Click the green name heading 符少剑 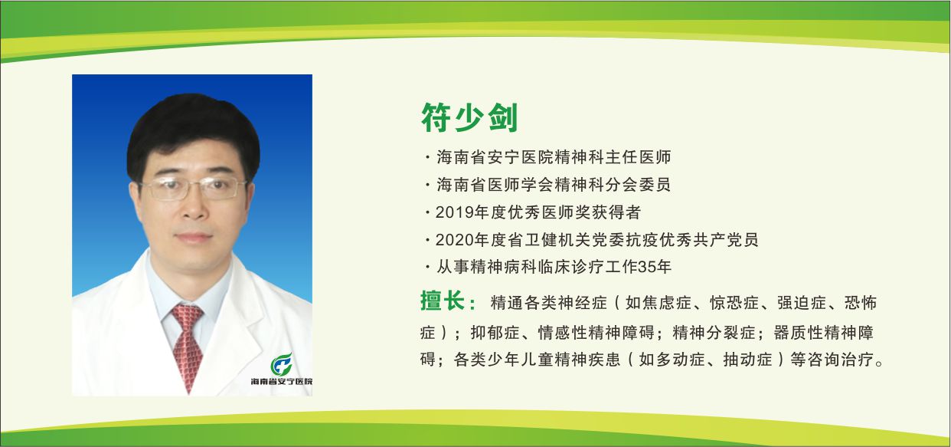coord(469,118)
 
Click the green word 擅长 coord(444,301)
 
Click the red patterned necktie coord(187,344)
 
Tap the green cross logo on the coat coord(283,363)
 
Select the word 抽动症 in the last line coord(747,360)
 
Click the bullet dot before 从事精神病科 coord(426,268)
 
